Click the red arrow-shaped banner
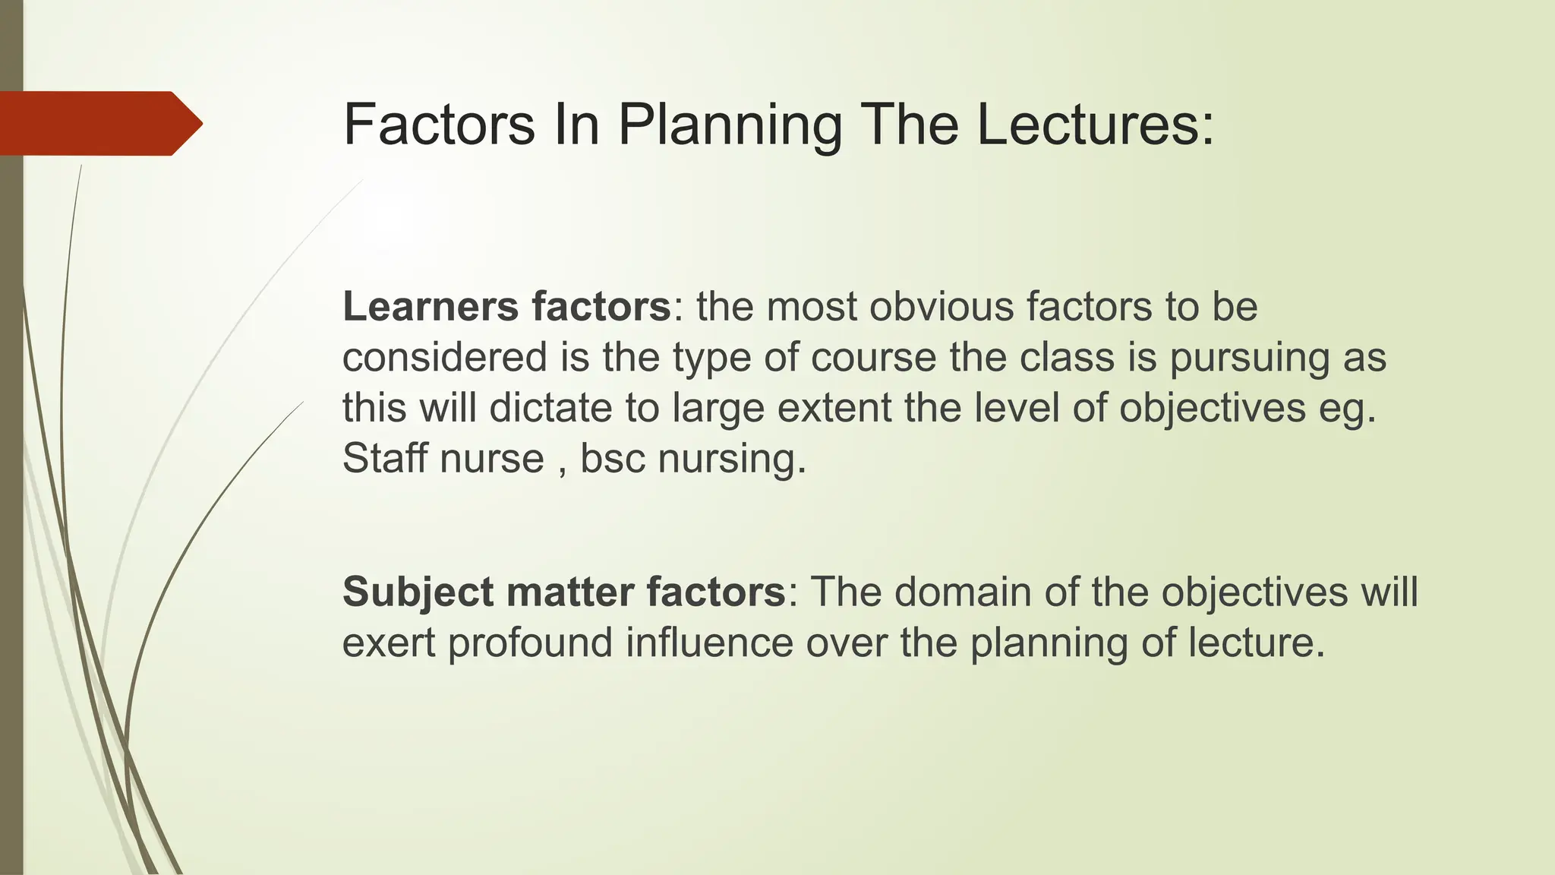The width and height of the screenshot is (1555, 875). tap(99, 123)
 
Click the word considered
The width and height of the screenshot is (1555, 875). tap(444, 357)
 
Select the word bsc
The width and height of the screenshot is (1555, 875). tap(612, 458)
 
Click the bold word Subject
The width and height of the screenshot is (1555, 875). tap(418, 592)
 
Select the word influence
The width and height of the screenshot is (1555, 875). tap(709, 643)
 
